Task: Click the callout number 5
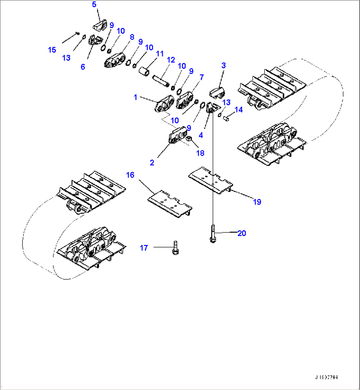(94, 5)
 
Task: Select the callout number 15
(52, 50)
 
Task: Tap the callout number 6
(83, 67)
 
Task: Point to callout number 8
(132, 37)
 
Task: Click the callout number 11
(160, 54)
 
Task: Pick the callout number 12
(171, 60)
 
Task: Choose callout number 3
(224, 65)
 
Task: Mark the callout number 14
(238, 109)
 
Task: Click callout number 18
(200, 153)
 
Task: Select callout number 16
(130, 175)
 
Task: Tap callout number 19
(257, 202)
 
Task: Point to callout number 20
(242, 233)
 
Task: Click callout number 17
(144, 248)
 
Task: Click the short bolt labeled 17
(175, 248)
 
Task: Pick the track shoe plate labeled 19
(210, 180)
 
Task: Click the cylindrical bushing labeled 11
(144, 72)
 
